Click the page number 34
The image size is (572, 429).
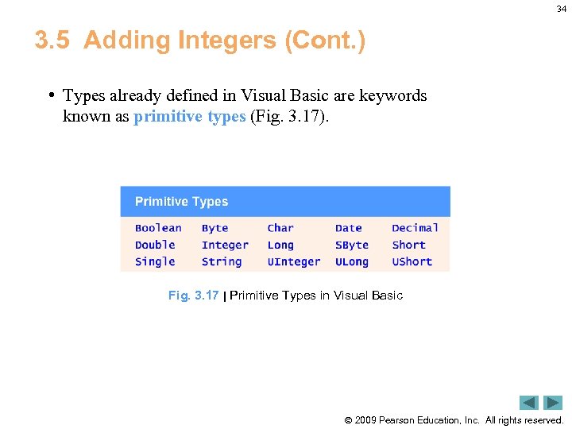562,9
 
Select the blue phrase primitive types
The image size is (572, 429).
190,117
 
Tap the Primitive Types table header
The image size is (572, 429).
181,202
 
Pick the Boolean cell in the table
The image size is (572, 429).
158,228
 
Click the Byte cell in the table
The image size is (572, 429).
214,228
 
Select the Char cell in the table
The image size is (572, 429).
280,228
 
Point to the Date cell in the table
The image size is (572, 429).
348,228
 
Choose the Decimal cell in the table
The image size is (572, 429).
415,228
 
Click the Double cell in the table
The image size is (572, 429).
155,245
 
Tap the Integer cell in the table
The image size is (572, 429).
225,245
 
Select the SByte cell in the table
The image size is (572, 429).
352,245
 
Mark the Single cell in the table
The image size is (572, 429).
155,261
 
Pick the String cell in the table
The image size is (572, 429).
222,261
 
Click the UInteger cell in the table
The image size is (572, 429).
294,261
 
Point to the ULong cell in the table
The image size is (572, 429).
352,261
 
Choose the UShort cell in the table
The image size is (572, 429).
412,261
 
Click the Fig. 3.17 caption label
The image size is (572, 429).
193,296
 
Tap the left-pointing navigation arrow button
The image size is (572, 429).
529,403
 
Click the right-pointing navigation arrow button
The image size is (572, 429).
553,403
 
